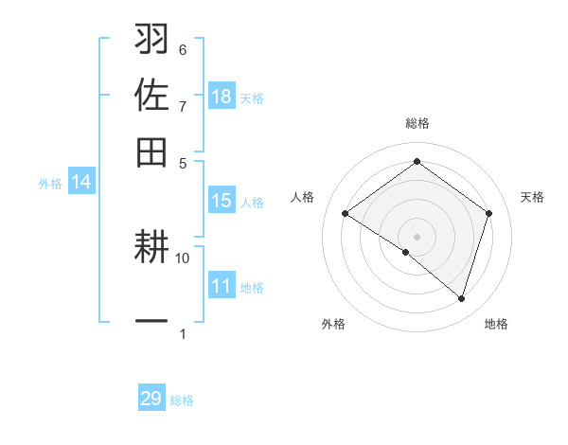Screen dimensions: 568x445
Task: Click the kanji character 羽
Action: tap(151, 41)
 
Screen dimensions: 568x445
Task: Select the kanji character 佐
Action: tap(151, 97)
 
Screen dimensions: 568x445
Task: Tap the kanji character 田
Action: tap(151, 152)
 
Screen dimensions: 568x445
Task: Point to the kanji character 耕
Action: tap(151, 248)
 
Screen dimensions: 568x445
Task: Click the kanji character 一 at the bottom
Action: tap(151, 321)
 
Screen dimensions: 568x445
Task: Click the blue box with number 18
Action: tap(222, 97)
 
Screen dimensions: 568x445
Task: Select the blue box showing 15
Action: tap(222, 201)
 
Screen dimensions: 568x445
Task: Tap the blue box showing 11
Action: tap(222, 286)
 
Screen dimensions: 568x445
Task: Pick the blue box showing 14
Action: tap(81, 182)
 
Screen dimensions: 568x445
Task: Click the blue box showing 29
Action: tap(151, 399)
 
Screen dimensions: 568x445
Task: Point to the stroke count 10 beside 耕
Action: tap(183, 258)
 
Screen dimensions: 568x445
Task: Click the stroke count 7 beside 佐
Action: tap(183, 106)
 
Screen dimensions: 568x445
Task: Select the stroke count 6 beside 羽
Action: tap(183, 50)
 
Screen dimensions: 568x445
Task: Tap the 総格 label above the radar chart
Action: tap(417, 123)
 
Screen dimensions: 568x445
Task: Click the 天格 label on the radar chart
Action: tap(532, 197)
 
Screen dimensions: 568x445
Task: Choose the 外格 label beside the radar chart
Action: tap(333, 324)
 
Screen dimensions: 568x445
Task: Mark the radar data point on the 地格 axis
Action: tap(462, 298)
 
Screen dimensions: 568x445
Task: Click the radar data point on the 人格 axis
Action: tap(346, 214)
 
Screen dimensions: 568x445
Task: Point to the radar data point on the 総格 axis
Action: tap(417, 162)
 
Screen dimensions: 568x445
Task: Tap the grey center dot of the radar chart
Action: tap(417, 236)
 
